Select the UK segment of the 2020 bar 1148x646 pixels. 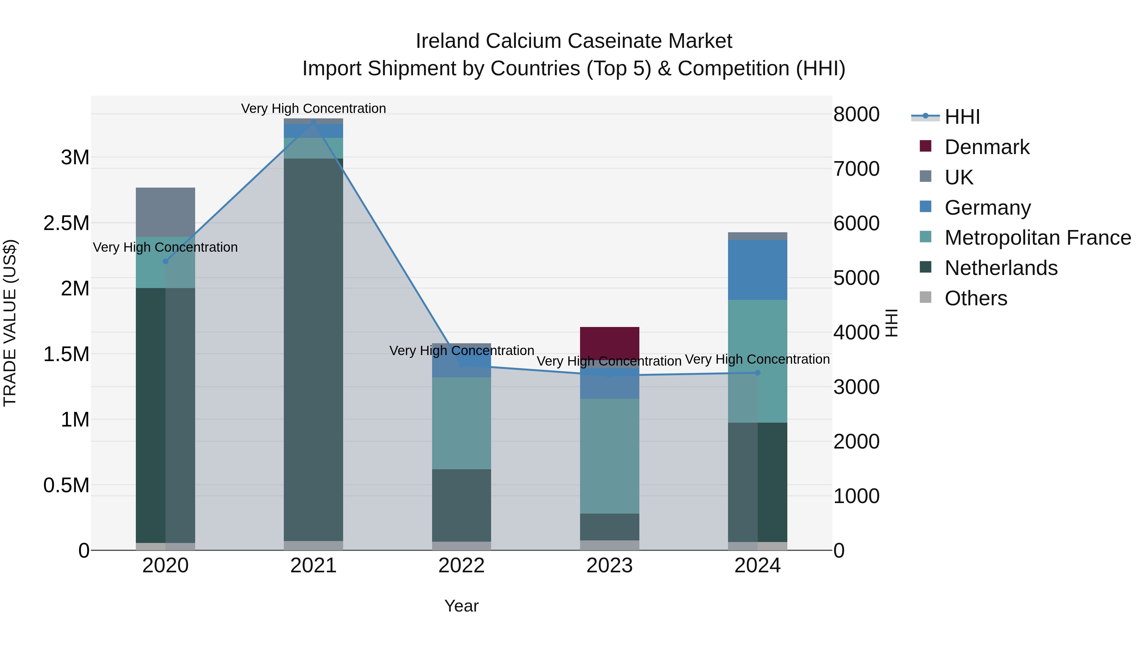165,212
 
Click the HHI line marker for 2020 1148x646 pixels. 165,261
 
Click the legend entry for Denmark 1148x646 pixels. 986,147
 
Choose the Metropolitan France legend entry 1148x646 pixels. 1037,238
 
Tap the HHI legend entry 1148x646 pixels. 962,117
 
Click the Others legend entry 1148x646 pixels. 975,298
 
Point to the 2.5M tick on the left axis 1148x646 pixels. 66,223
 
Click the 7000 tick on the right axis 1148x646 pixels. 856,168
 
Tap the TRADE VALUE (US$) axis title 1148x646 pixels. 10,323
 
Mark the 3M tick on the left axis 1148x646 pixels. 75,157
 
